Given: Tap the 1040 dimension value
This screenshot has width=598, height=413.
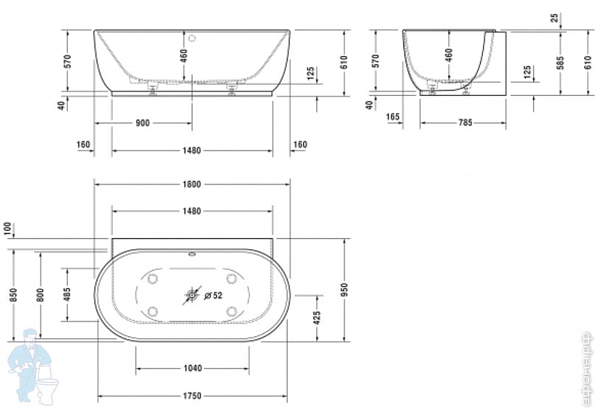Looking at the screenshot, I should (192, 368).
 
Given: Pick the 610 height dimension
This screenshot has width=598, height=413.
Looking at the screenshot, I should (344, 62).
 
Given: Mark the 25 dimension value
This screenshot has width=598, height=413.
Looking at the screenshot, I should (554, 17).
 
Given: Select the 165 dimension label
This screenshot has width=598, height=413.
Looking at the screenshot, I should (393, 117).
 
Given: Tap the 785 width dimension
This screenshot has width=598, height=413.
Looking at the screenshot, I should (465, 123).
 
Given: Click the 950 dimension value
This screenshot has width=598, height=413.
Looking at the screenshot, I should (344, 289).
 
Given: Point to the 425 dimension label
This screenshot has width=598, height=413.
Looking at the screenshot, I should (317, 317).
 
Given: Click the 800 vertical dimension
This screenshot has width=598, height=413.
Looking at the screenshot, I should (41, 294).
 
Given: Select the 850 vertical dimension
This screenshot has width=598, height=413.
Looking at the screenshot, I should (13, 294).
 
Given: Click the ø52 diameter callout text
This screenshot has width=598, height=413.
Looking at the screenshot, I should (213, 296).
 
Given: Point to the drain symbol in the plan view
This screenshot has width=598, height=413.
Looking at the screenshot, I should (192, 296).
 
